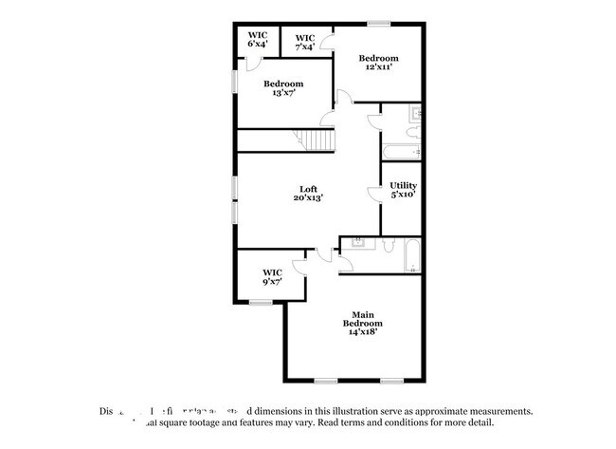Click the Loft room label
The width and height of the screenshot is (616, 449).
tap(308, 193)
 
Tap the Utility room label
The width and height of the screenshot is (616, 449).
tap(403, 190)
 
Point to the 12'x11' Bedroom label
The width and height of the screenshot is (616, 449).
tap(379, 63)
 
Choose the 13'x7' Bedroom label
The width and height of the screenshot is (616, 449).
tap(282, 88)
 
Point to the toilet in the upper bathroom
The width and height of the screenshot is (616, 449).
tap(414, 133)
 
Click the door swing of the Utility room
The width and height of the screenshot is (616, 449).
tap(372, 195)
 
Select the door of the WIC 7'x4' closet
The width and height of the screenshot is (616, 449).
tap(326, 42)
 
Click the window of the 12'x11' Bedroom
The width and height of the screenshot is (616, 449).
tap(379, 22)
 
